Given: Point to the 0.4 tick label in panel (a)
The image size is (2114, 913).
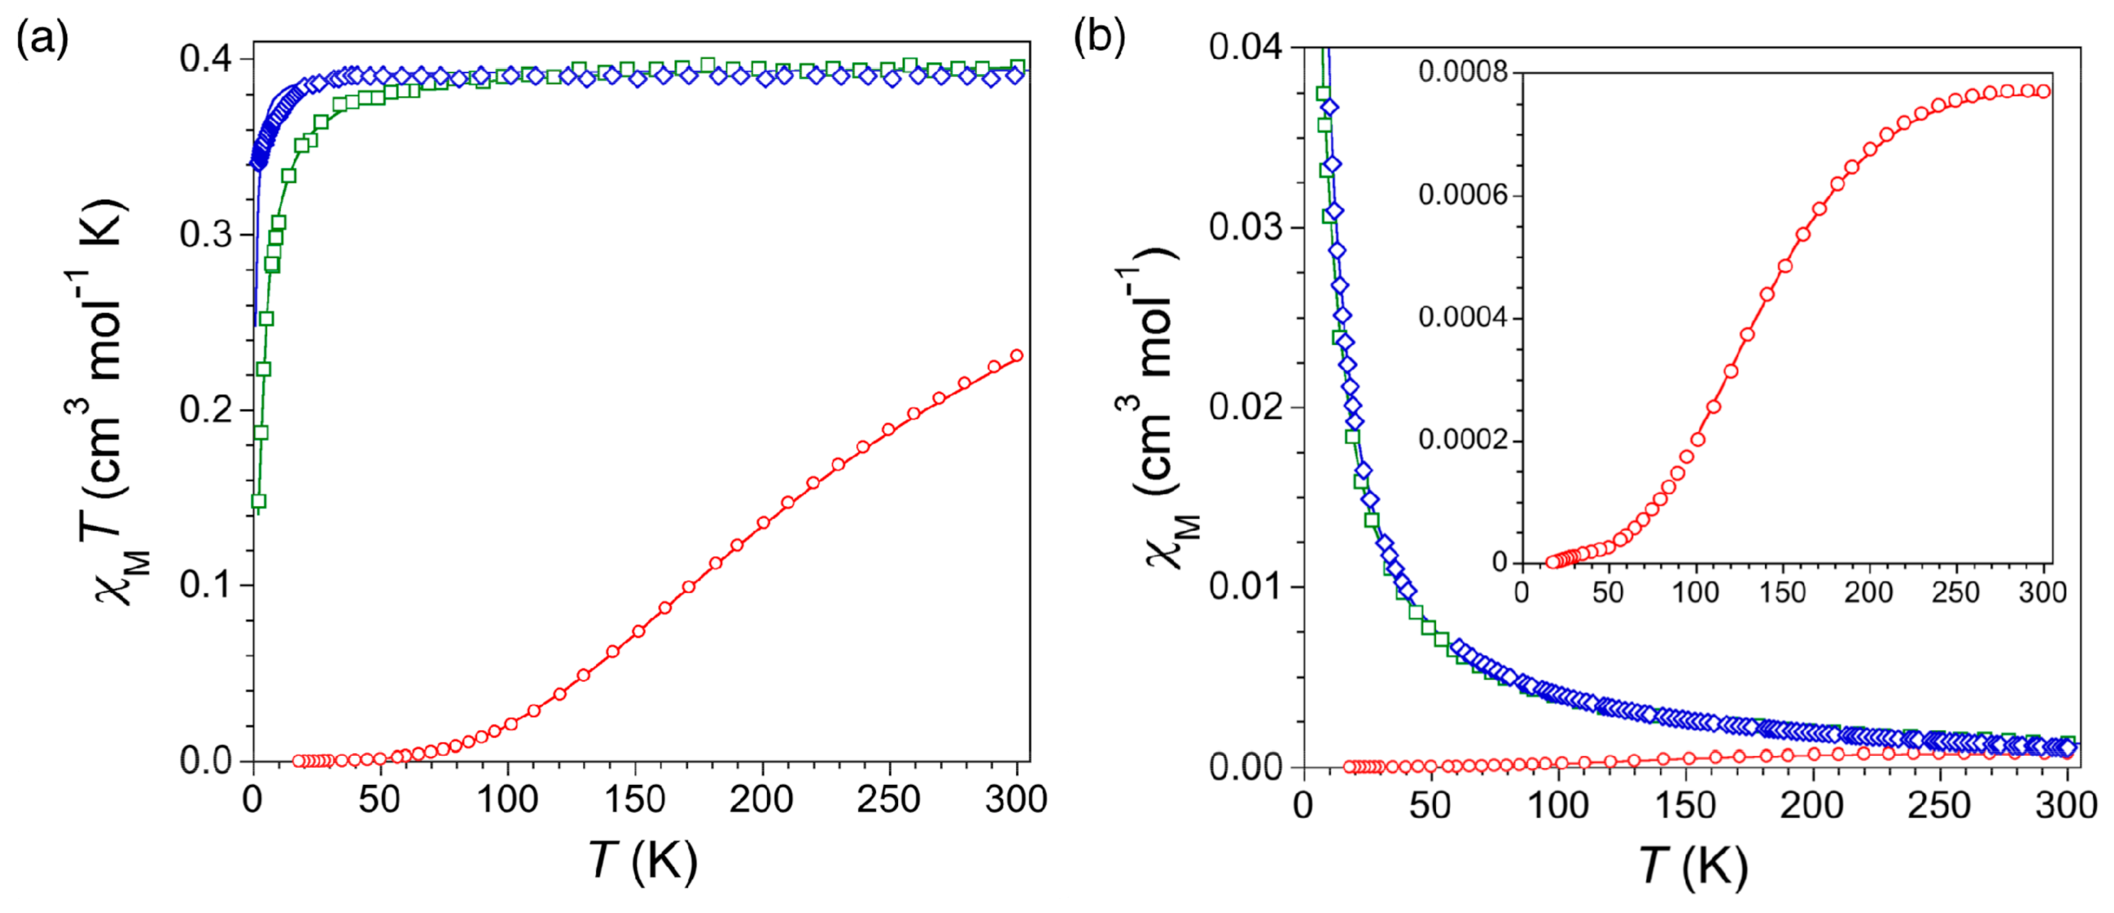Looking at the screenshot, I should coord(205,60).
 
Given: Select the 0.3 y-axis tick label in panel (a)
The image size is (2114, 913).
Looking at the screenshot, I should coord(205,235).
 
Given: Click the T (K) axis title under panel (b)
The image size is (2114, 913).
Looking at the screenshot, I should coord(1693,865).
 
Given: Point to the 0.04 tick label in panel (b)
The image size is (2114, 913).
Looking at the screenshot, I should coord(1245,48).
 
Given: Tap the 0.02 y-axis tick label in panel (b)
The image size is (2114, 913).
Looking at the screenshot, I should coord(1245,407).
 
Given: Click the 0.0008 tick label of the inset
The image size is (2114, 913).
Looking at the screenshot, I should coord(1463,73).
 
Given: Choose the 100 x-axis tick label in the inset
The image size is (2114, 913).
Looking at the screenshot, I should coord(1696,592).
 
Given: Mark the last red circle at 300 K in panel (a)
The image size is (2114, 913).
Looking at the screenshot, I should coord(1017,356).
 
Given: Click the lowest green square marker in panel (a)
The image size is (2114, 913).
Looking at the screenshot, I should coord(258,501).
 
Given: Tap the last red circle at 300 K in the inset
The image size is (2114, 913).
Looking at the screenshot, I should coord(2044,91).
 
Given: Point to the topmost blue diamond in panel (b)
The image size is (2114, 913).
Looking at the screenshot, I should coord(1331,107).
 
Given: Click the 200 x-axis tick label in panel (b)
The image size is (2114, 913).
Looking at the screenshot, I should coord(1812,806).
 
